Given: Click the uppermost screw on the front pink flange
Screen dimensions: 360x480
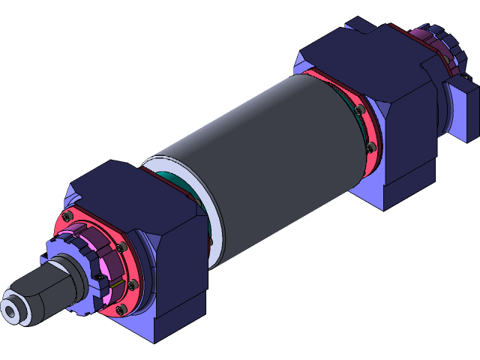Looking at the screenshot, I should (69, 217).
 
